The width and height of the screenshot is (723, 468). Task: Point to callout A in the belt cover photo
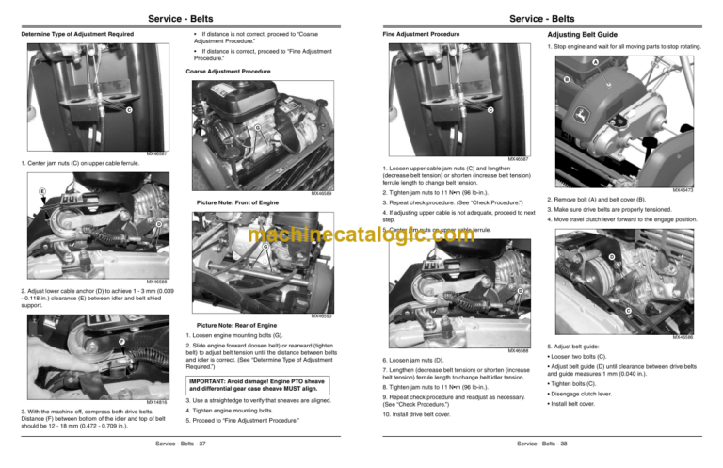click(x=594, y=64)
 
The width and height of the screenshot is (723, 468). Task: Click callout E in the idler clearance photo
click(x=16, y=190)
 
